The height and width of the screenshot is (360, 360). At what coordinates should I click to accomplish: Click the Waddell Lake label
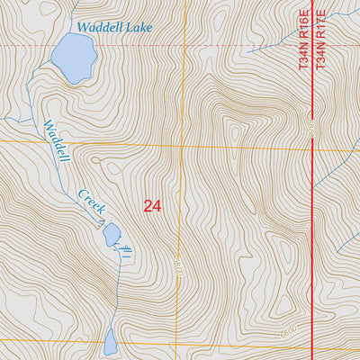click(114, 27)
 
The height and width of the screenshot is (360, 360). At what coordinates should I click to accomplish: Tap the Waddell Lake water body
click(73, 59)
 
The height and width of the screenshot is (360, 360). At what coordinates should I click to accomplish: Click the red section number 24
click(152, 205)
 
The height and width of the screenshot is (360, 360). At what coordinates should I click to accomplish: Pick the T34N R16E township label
click(301, 37)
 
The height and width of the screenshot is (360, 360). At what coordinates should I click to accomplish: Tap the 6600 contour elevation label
click(287, 333)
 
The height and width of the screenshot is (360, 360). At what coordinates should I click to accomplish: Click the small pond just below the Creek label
click(111, 234)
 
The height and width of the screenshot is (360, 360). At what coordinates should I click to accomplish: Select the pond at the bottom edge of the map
click(110, 342)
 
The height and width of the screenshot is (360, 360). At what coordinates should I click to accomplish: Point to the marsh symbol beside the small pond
click(125, 246)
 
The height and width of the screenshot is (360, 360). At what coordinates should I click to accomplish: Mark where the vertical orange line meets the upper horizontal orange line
click(180, 144)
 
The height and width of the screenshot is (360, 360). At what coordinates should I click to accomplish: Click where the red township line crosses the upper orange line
click(312, 147)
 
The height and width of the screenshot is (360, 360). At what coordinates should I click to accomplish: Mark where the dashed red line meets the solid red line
click(312, 45)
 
